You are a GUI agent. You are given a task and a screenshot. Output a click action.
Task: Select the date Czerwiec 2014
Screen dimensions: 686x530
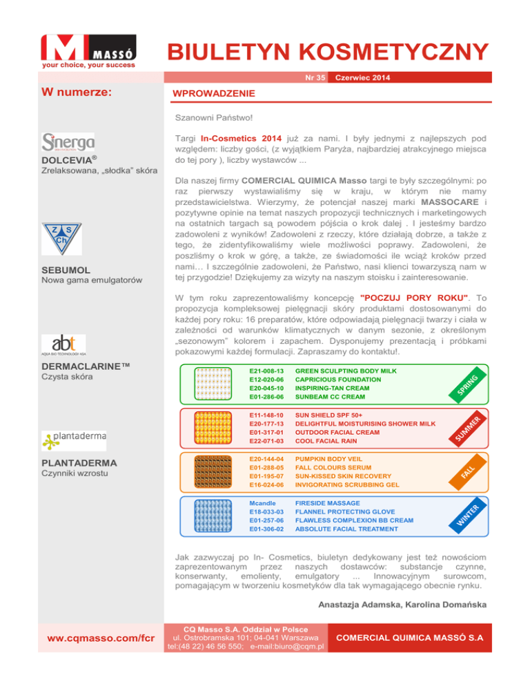[x=362, y=78]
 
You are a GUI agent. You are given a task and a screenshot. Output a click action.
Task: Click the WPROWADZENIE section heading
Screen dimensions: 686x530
[x=204, y=93]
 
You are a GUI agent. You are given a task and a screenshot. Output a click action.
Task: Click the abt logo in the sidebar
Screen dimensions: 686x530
[x=63, y=343]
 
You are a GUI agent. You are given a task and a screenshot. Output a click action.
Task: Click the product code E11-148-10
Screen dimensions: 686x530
[x=265, y=415]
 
